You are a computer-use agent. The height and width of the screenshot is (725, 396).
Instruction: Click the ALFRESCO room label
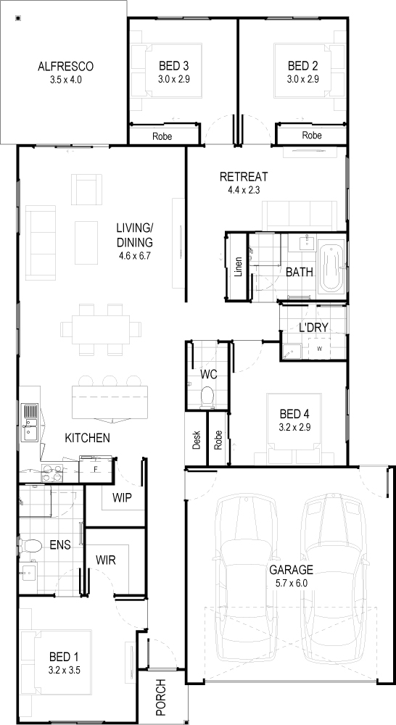65,67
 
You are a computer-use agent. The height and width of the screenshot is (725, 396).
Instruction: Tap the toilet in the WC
207,397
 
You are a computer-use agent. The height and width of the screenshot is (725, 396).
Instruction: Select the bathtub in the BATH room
331,269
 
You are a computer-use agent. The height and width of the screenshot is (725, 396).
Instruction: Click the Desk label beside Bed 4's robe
196,440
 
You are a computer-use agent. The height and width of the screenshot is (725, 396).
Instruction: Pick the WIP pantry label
122,497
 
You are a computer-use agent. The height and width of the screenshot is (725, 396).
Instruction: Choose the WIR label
105,560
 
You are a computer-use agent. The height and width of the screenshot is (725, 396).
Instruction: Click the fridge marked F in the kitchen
96,470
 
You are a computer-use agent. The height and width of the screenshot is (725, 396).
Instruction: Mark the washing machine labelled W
320,349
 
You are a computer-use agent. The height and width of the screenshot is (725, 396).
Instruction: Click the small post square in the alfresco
18,19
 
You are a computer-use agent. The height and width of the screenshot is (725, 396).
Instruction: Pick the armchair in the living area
86,189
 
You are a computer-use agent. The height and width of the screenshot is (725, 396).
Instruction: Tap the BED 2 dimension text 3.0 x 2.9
302,79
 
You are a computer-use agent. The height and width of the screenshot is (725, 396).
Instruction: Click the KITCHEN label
88,437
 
